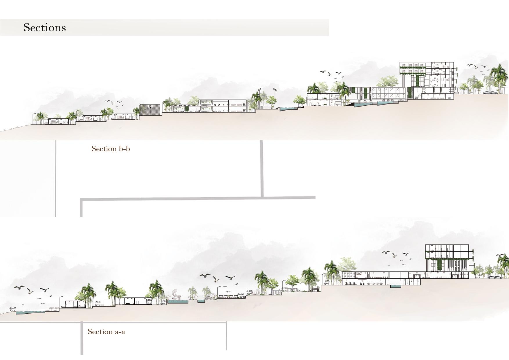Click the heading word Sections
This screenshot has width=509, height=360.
pos(44,28)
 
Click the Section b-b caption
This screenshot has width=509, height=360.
pos(111,149)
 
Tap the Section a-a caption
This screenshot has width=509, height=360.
pos(106,332)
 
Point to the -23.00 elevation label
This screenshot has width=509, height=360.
pos(12,308)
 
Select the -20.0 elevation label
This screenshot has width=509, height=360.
pos(98,302)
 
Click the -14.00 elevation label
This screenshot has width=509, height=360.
pos(250,291)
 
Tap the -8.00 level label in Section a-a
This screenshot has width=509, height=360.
pos(327,281)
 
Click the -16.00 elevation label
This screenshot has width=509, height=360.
pos(240,294)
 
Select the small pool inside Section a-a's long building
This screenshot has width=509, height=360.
pos(395,286)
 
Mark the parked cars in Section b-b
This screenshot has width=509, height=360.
pos(490,93)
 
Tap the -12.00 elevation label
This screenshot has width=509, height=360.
pos(285,288)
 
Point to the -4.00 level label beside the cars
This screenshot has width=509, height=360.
pos(481,275)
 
